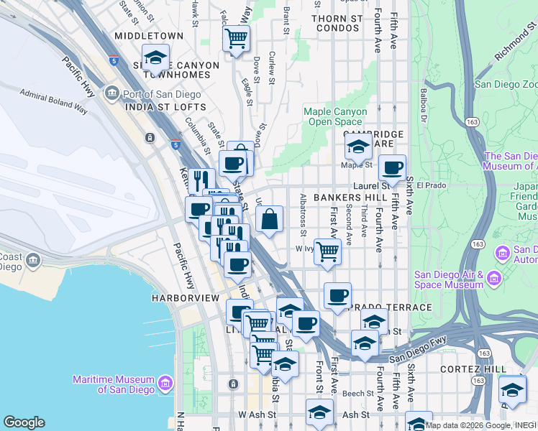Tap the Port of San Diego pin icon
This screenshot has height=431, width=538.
click(x=111, y=92)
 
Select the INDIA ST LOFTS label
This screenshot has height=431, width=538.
click(x=165, y=107)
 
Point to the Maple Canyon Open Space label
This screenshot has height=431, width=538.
click(x=337, y=116)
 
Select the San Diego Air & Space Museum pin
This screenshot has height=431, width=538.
click(x=494, y=277)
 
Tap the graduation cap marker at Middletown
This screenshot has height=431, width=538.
click(x=155, y=57)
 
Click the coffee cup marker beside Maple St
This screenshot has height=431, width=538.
click(x=392, y=168)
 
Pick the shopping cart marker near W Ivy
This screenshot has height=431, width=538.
click(x=327, y=252)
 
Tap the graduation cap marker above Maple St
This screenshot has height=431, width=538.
click(x=357, y=148)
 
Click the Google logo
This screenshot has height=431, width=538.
click(x=24, y=422)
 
